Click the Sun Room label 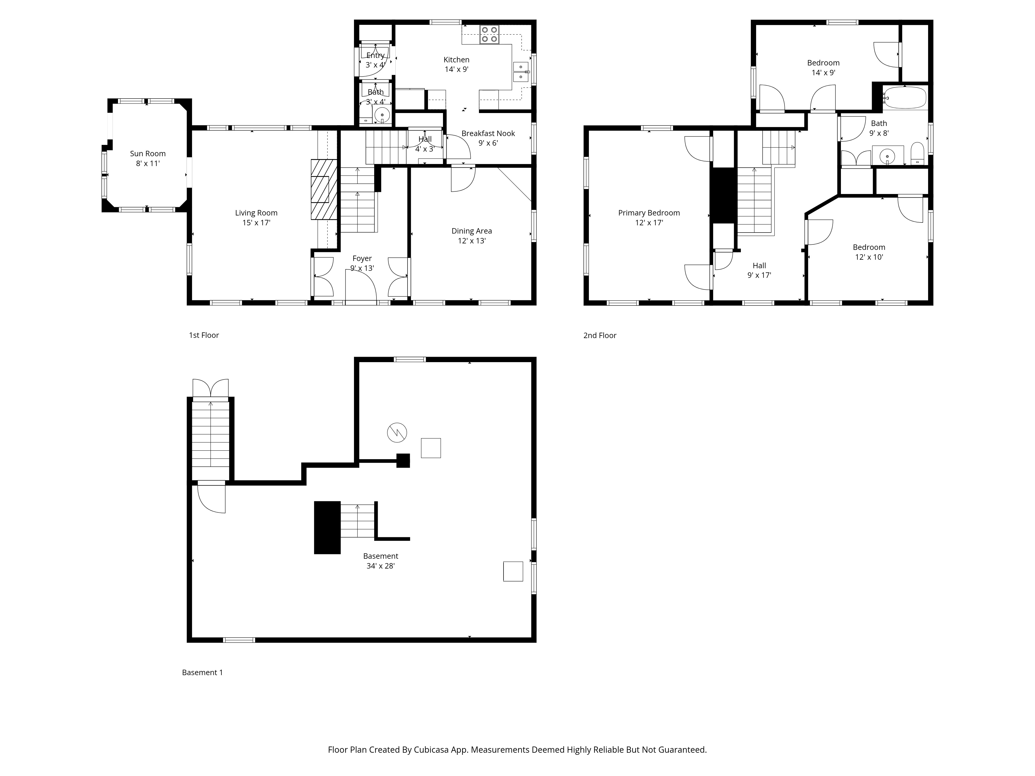tap(147, 153)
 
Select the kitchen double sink tap(521, 72)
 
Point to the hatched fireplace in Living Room tap(324, 189)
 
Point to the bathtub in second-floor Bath tap(905, 98)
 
